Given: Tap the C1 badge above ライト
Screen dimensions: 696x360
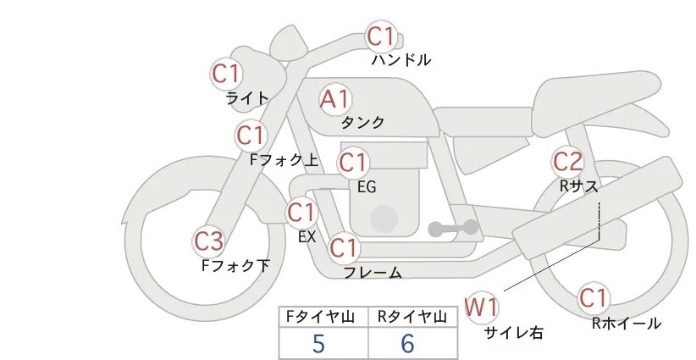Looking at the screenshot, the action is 226,74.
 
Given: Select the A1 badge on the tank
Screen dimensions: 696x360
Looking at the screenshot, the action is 334,99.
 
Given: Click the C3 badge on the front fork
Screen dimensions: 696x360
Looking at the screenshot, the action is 209,242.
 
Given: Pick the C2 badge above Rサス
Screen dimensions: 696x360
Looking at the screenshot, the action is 567,161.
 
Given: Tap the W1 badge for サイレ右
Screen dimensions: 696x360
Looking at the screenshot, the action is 482,306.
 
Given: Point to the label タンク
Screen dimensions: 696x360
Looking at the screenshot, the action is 362,123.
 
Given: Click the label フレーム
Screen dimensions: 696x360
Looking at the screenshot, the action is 372,273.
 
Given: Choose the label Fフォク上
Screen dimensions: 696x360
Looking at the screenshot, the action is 284,158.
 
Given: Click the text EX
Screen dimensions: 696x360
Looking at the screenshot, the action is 307,237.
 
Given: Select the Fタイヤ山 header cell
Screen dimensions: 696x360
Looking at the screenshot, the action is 324,317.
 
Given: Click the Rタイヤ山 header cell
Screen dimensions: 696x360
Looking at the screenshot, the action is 415,317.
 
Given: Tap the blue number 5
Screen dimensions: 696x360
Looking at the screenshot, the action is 319,344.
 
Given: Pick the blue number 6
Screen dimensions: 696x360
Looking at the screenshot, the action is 408,344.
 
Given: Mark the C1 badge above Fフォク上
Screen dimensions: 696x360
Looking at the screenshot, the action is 251,135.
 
